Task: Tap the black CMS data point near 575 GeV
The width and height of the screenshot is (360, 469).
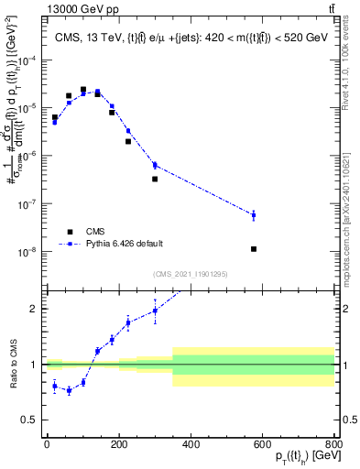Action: tap(254, 249)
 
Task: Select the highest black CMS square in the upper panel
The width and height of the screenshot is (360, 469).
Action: tap(83, 90)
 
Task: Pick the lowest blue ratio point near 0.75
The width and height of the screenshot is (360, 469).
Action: tap(69, 390)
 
